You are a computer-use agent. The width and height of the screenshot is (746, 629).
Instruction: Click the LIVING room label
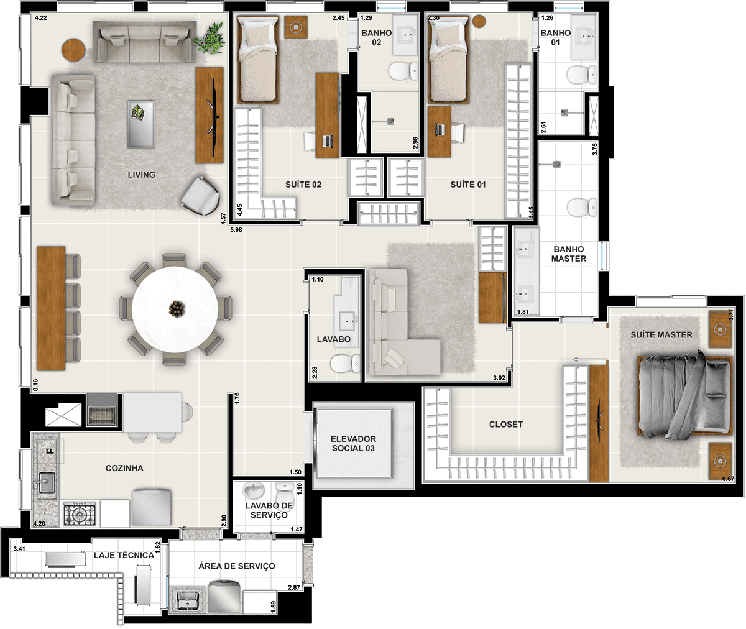(x=142, y=175)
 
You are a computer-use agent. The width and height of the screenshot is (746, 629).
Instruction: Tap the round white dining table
(x=175, y=310)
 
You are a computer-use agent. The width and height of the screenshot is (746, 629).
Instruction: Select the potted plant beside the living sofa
(x=209, y=38)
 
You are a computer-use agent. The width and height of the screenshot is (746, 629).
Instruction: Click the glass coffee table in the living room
(x=141, y=124)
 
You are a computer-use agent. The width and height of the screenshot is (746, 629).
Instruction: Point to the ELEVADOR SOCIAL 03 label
(x=353, y=443)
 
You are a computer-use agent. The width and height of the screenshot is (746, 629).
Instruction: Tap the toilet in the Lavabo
(x=345, y=364)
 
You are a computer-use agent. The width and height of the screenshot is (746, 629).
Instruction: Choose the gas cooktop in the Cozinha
(x=80, y=514)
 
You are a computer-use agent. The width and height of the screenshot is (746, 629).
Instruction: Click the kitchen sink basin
(x=47, y=482)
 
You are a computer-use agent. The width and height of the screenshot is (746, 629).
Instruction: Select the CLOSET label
(x=505, y=425)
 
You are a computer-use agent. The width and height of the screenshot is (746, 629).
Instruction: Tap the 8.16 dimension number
(x=35, y=385)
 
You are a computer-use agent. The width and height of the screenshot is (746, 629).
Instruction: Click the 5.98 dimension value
(x=236, y=230)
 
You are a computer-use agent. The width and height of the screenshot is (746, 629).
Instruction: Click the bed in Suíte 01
(x=449, y=60)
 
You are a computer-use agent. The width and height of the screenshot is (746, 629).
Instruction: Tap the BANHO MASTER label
(x=568, y=254)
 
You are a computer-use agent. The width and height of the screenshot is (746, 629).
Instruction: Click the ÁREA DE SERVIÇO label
(x=236, y=566)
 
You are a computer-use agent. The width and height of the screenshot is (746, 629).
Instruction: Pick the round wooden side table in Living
(x=73, y=50)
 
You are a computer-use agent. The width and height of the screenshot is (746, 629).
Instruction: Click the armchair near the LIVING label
(x=200, y=196)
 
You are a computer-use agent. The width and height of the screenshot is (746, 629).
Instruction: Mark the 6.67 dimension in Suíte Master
(x=728, y=479)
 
